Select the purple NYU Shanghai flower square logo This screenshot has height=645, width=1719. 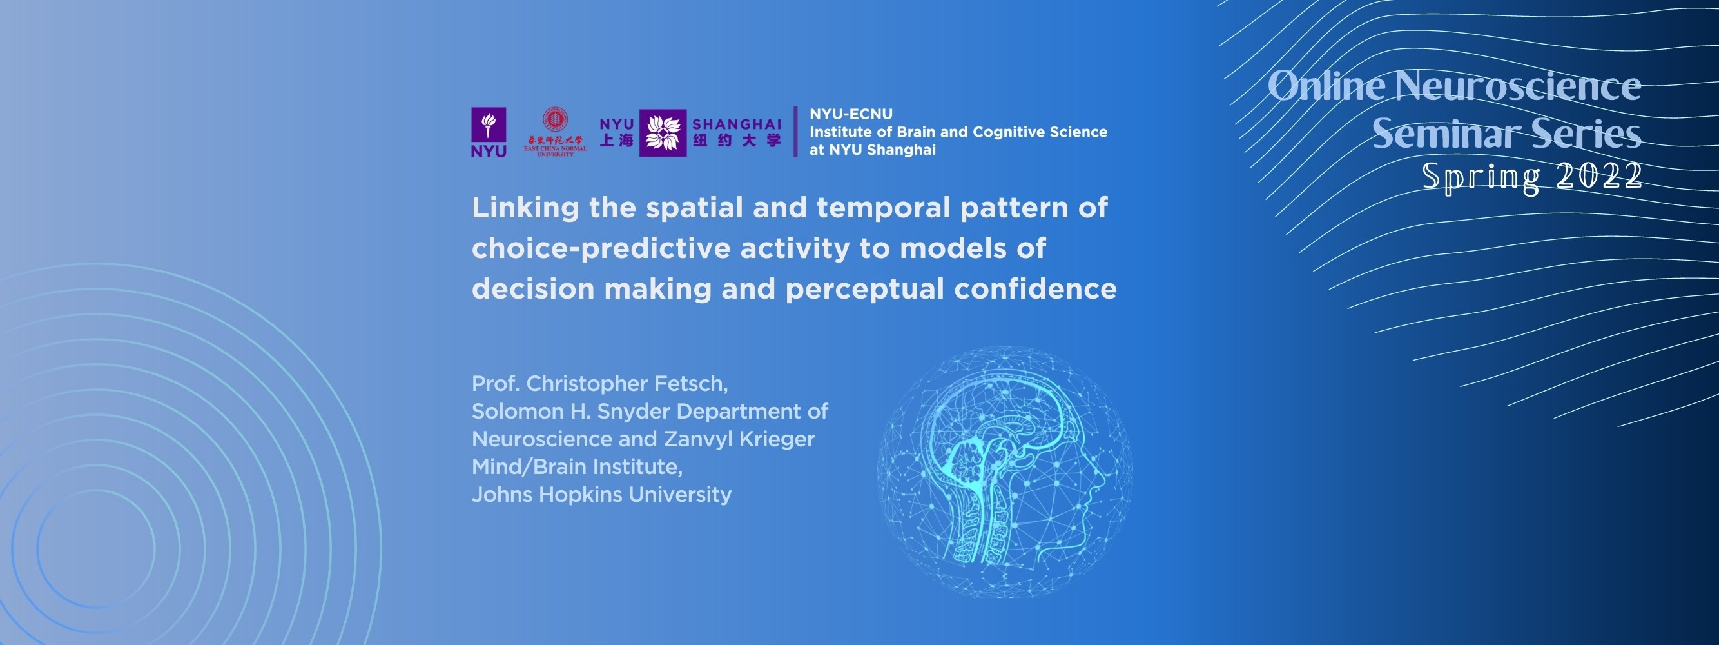[662, 133]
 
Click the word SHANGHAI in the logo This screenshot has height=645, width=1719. [736, 124]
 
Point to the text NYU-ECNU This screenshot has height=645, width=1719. [851, 114]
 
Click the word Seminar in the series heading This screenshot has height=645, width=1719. [1444, 134]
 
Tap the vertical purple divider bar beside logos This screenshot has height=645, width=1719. [795, 132]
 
